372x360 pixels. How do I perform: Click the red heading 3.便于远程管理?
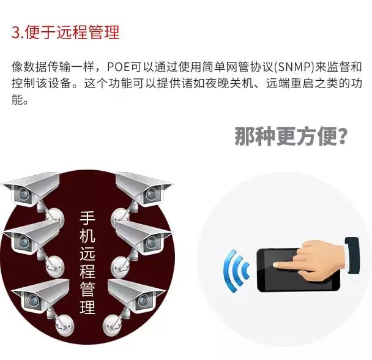(65, 32)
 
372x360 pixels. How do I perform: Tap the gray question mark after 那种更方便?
(342, 137)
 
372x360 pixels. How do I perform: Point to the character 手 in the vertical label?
(87, 218)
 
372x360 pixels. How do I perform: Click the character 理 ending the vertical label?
(87, 307)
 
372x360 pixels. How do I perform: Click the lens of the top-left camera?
(23, 193)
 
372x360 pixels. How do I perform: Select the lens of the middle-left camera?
(23, 241)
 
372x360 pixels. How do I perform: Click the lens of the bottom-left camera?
(32, 301)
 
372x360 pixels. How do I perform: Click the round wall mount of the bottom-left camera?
(64, 326)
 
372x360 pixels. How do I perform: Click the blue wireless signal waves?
(236, 271)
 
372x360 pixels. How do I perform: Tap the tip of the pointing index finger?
(275, 265)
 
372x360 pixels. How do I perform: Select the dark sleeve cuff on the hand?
(353, 255)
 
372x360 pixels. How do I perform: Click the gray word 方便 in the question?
(314, 137)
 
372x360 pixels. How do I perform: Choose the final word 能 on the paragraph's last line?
(18, 100)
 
